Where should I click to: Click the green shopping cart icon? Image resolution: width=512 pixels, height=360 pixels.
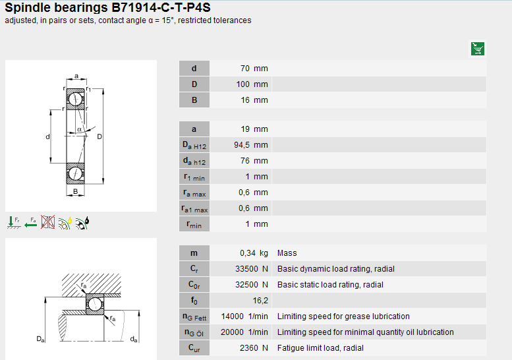pos(477,49)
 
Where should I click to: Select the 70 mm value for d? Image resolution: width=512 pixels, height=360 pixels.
pos(254,69)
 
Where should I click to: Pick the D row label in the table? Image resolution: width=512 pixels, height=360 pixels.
pos(194,84)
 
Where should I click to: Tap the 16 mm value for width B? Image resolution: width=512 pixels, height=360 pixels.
pos(254,100)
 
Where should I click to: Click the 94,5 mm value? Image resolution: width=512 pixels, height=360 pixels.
pos(251,144)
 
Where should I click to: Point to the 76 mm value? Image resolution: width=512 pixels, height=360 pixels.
pos(254,161)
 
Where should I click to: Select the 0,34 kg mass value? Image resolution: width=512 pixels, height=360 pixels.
pos(254,253)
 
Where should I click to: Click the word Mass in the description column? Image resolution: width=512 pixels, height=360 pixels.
pos(287,253)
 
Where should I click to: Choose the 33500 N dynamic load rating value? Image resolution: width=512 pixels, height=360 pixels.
pos(252,269)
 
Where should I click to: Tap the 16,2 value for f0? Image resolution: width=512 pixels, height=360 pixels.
pos(260,301)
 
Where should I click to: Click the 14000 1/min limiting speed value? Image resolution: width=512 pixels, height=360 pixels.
pos(244,316)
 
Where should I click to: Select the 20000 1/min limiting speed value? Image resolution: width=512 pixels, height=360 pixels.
pos(244,332)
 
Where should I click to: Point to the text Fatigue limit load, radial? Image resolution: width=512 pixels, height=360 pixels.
pos(320,348)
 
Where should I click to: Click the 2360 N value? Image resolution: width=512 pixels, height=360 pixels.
pos(254,348)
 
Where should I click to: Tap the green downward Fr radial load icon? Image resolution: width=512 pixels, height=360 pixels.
pos(14,222)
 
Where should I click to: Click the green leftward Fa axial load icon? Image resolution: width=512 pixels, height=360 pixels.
pos(31,223)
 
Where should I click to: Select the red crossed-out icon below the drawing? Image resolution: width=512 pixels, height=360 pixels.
pos(47,222)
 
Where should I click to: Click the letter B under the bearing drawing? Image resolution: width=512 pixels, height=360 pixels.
pos(75,191)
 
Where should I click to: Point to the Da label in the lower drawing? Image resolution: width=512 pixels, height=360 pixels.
pos(40,339)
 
